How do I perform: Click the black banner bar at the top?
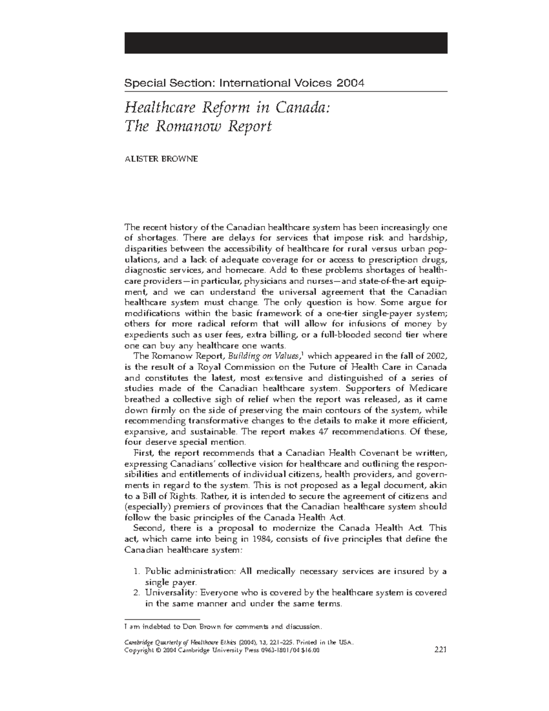point(285,43)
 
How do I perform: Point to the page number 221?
point(440,649)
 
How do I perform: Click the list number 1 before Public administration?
point(136,571)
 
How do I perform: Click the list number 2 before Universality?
point(136,593)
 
